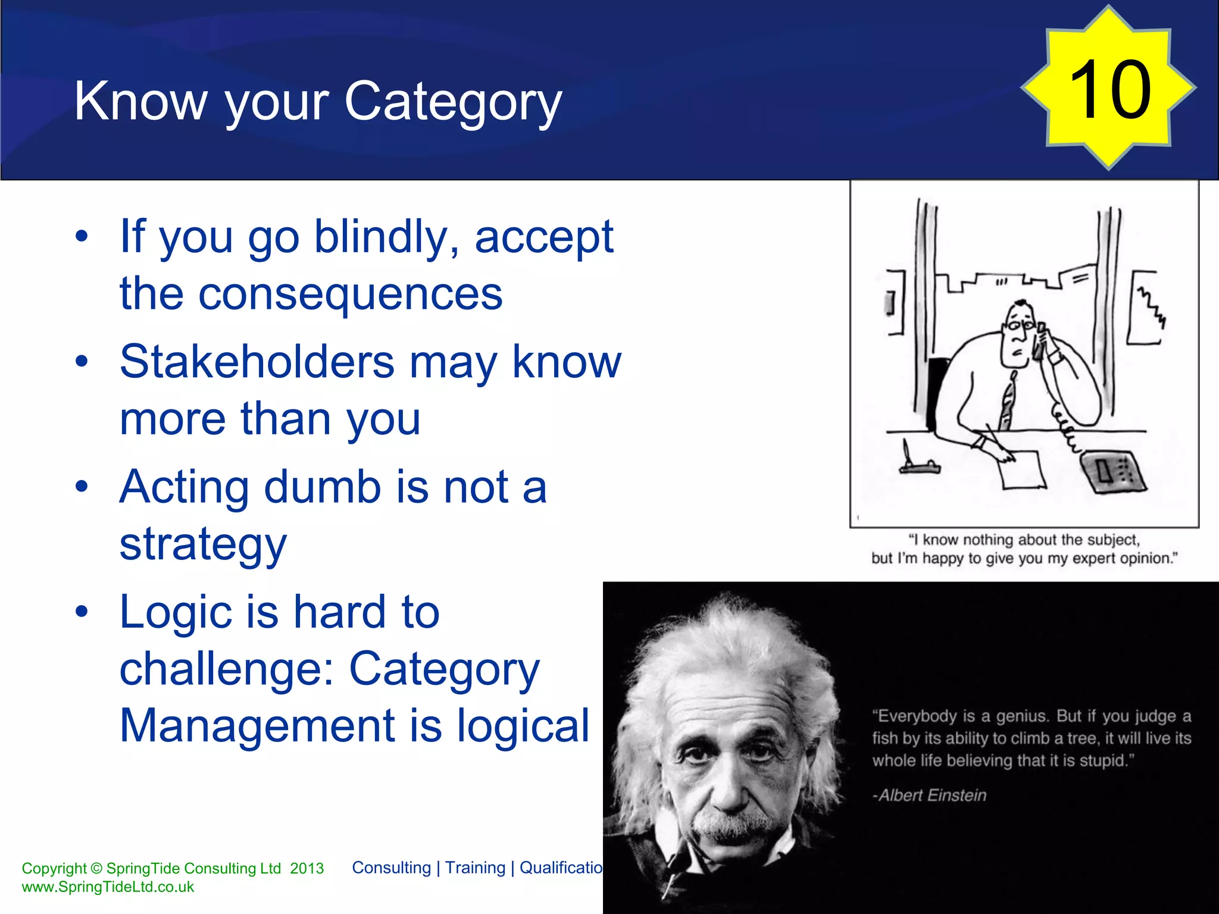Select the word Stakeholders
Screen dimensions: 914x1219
pyautogui.click(x=257, y=362)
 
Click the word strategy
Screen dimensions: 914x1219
pyautogui.click(x=203, y=544)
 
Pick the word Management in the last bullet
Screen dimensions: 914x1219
pyautogui.click(x=257, y=726)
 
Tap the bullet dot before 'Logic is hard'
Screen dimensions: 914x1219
pyautogui.click(x=82, y=612)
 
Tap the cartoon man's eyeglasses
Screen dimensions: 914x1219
pyautogui.click(x=1019, y=325)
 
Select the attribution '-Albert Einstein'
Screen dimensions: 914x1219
pyautogui.click(x=929, y=795)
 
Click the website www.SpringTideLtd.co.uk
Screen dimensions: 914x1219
pyautogui.click(x=108, y=887)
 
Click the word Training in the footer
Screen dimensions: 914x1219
pyautogui.click(x=475, y=868)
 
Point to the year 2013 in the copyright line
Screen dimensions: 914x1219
pyautogui.click(x=307, y=868)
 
